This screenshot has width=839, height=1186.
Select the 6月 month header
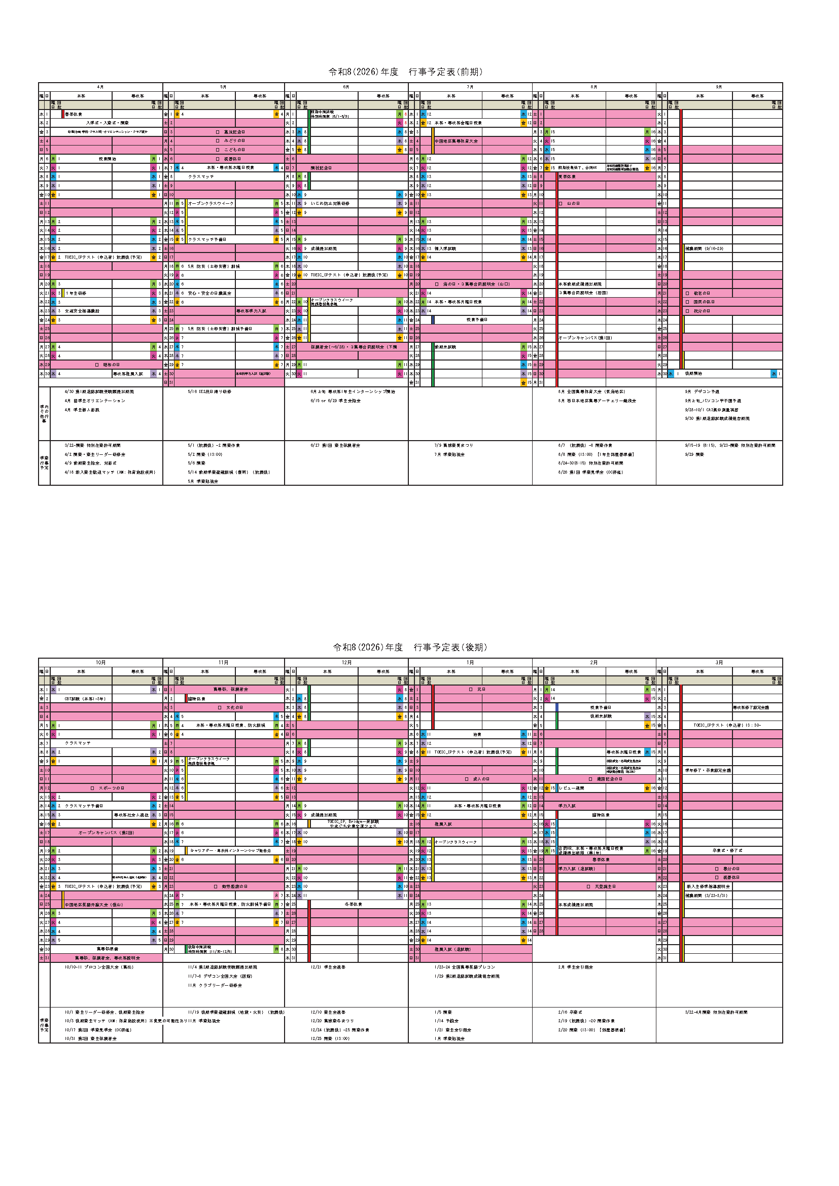click(x=346, y=87)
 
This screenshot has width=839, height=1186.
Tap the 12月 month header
click(x=346, y=662)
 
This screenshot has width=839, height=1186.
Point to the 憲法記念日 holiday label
click(x=234, y=132)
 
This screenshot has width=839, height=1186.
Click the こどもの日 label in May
click(x=234, y=150)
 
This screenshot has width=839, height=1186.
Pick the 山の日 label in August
click(x=573, y=203)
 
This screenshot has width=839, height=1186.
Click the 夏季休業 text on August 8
click(x=567, y=176)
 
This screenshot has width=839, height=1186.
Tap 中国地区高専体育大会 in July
click(x=456, y=141)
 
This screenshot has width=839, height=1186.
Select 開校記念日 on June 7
click(x=321, y=168)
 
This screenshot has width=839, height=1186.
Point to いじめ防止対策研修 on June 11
click(x=330, y=203)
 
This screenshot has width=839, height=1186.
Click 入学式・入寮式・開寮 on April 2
click(x=108, y=123)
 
